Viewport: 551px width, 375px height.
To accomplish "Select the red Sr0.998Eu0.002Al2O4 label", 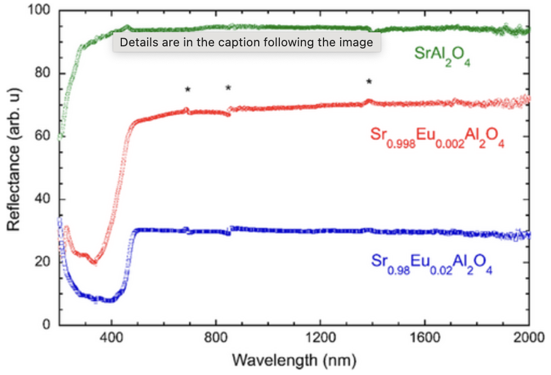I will tap(437, 137).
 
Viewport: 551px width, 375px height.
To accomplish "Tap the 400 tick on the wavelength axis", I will tap(112, 339).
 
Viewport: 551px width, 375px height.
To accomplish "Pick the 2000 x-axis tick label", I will tap(527, 339).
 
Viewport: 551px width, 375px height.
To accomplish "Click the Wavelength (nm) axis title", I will tap(294, 359).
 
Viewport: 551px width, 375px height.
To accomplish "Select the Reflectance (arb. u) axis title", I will tap(14, 167).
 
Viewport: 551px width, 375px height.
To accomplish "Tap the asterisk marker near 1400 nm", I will tap(369, 81).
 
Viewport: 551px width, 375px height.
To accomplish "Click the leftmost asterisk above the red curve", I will tap(188, 89).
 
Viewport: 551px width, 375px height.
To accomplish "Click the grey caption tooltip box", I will tap(246, 43).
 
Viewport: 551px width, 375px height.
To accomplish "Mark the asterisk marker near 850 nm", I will tap(228, 88).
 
